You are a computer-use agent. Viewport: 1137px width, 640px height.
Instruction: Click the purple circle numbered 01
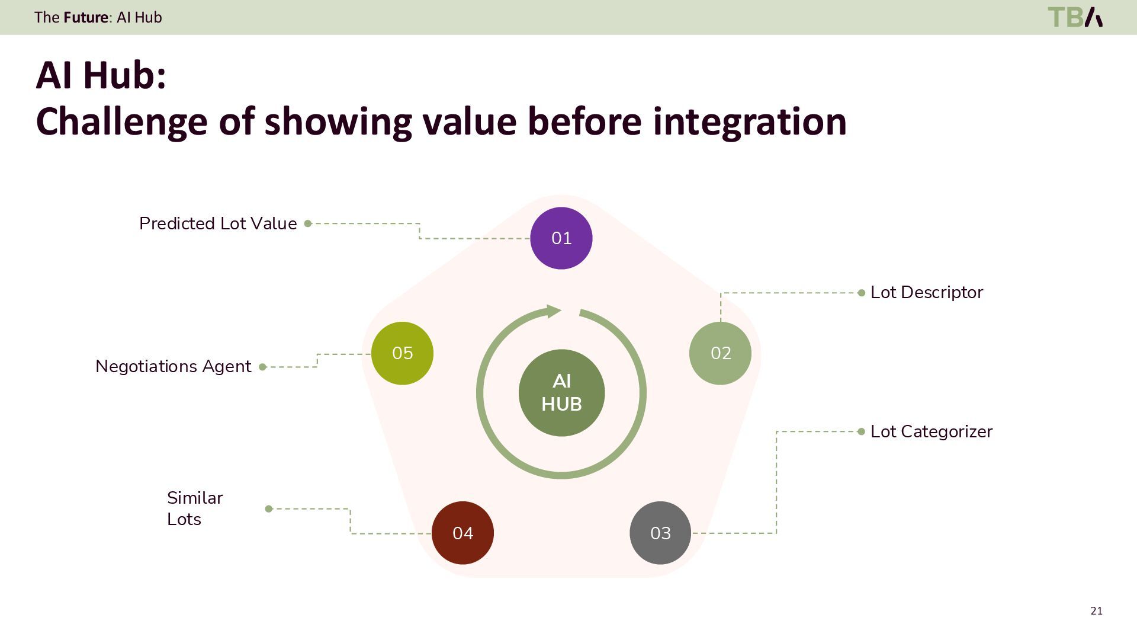pos(561,238)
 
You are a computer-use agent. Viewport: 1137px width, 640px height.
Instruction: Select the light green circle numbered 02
pos(720,353)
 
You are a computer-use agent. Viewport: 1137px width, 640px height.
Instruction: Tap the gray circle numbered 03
pos(660,533)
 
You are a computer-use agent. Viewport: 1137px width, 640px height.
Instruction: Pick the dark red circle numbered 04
pos(462,533)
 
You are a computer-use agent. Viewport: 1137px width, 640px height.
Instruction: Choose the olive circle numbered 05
pos(402,353)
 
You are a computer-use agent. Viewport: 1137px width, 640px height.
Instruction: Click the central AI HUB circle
pos(561,393)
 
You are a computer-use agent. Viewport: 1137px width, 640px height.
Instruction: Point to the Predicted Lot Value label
pos(218,223)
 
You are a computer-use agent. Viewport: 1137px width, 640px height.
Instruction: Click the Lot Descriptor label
pos(926,292)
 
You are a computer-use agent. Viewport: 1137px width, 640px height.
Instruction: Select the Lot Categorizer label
pos(931,431)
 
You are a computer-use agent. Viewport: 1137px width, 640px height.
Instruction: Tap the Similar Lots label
pos(194,508)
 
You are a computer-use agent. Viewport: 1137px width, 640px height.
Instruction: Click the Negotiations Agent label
pos(173,366)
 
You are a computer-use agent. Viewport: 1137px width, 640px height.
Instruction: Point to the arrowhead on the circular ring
pos(554,311)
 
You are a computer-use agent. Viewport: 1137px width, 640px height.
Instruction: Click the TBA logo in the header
pos(1075,17)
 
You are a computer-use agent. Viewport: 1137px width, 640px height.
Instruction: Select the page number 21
pos(1096,611)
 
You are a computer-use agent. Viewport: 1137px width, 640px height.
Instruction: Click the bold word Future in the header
pos(86,17)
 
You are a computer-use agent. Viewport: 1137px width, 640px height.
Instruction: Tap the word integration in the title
pos(750,121)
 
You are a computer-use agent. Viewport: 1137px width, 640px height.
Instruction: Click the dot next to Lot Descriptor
pos(861,293)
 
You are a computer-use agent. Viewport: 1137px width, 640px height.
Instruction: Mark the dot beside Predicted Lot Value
pos(308,223)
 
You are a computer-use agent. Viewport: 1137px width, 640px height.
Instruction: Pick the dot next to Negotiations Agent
pos(263,367)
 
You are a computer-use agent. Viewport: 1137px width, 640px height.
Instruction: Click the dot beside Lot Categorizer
pos(861,431)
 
